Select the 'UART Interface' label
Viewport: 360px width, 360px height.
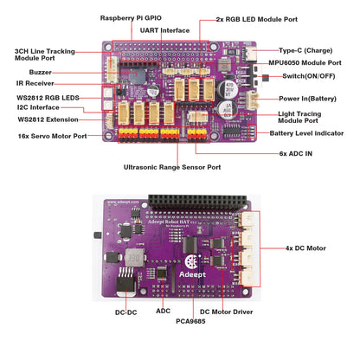(164, 29)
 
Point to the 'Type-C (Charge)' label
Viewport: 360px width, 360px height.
(307, 51)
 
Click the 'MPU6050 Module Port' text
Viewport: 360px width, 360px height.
(310, 63)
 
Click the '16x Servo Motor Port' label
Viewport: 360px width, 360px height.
(53, 136)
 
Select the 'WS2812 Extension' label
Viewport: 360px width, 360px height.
(48, 119)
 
